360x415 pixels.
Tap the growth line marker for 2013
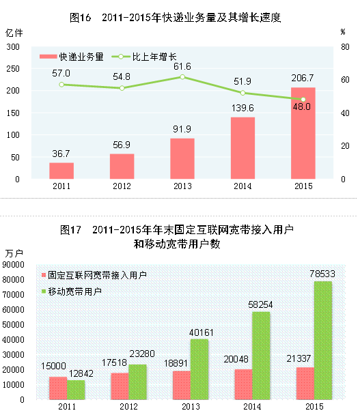coord(182,77)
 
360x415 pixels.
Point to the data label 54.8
coord(122,76)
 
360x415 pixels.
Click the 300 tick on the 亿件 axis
coord(14,46)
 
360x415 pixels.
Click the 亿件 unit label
coord(14,33)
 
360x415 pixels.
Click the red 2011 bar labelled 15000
coord(58,388)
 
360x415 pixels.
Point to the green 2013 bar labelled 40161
coord(199,369)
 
